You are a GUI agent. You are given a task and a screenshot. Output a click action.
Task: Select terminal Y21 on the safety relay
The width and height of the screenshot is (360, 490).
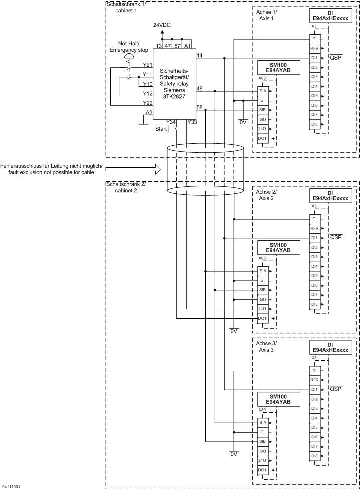tap(147, 65)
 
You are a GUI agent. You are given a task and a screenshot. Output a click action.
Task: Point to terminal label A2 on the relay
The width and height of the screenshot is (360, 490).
tap(148, 112)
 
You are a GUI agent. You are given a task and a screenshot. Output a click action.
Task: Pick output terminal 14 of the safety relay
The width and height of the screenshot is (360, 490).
tap(200, 54)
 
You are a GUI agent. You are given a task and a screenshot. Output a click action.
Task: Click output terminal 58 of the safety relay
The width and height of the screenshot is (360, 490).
tap(200, 107)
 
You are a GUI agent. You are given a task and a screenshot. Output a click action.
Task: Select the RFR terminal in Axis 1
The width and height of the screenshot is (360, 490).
tap(314, 48)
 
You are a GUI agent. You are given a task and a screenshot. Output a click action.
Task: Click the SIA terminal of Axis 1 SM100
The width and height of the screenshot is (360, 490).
tap(262, 91)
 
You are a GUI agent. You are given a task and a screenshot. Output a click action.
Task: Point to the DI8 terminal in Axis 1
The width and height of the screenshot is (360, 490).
tap(314, 124)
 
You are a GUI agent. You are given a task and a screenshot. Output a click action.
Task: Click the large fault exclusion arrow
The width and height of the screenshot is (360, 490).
tap(133, 169)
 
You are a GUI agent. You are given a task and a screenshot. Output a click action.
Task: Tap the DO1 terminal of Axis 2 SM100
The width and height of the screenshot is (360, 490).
tap(262, 318)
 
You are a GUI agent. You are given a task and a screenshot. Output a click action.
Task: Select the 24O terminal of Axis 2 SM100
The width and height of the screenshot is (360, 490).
tap(262, 309)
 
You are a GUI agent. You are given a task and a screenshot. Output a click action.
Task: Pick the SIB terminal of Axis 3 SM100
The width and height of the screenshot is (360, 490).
tap(262, 441)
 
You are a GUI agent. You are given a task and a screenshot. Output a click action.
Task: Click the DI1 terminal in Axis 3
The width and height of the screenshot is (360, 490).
tap(314, 389)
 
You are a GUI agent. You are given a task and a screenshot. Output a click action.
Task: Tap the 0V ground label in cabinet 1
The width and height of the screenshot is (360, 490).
tap(243, 122)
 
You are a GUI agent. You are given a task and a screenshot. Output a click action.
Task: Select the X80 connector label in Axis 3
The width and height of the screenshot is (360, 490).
tap(262, 410)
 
